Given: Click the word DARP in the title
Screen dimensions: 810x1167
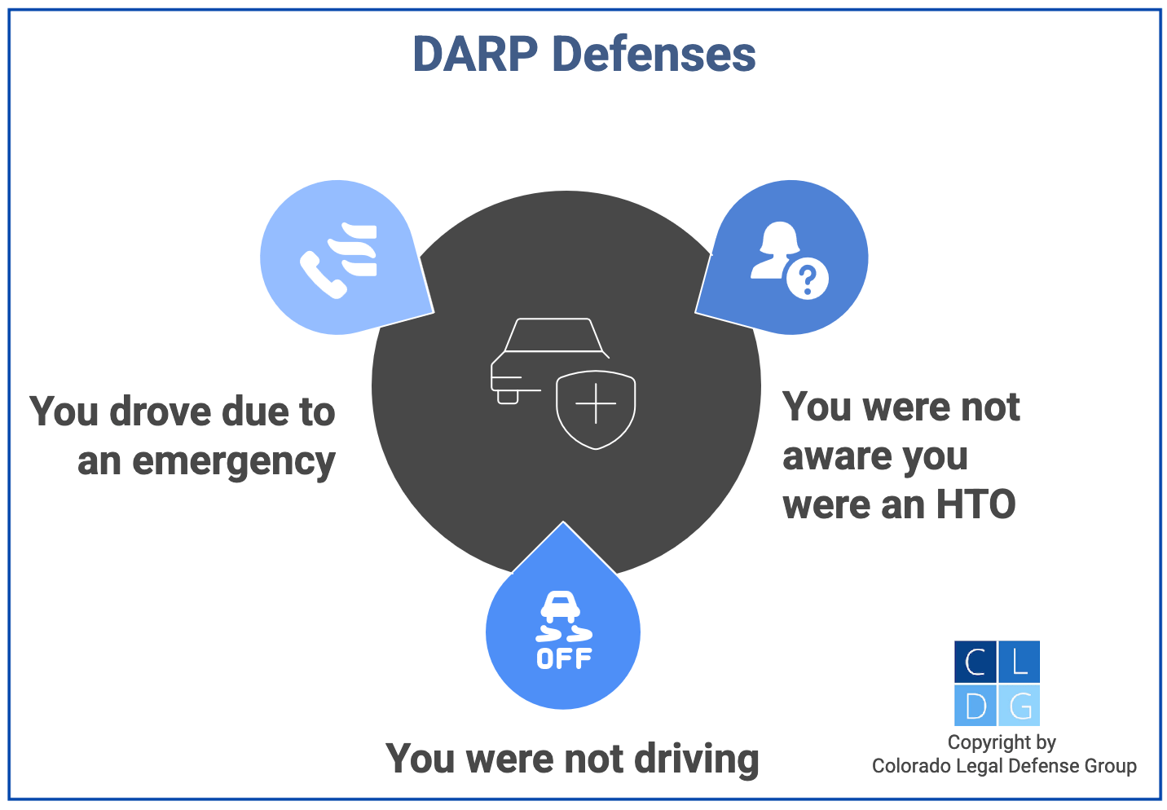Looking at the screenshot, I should (x=475, y=55).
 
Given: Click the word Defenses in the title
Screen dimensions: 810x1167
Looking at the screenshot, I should (x=654, y=55).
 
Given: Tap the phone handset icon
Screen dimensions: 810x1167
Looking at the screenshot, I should (x=322, y=275).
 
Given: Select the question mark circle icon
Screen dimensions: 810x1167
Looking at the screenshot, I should (x=808, y=280).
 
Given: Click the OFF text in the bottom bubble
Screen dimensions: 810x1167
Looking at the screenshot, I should (x=564, y=658).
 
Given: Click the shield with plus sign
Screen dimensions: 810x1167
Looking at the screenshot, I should (x=596, y=405).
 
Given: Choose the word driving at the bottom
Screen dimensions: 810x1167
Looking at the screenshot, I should (x=697, y=759).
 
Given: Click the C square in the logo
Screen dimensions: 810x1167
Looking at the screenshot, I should (x=975, y=662).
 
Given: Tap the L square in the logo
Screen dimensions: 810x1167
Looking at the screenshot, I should (x=1019, y=662).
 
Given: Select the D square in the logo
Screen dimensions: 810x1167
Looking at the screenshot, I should (x=975, y=705).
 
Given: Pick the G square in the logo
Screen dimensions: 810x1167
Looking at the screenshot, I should (x=1019, y=705).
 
